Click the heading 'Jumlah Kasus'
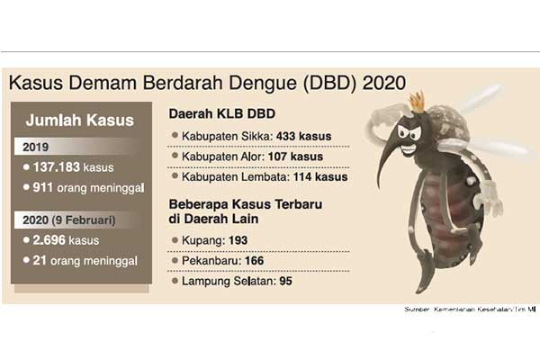click(79, 121)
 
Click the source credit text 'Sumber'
click(417, 310)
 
